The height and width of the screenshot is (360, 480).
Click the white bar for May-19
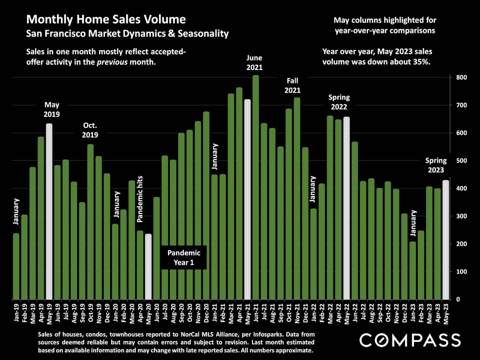(x=49, y=211)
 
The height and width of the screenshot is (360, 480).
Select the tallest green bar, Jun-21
(x=256, y=187)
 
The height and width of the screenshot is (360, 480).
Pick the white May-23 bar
(x=445, y=240)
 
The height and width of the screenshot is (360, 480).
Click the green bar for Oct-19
(x=90, y=222)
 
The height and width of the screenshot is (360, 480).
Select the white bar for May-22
(x=346, y=208)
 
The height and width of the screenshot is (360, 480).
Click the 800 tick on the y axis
(x=461, y=78)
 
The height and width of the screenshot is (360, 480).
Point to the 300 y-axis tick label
(x=461, y=216)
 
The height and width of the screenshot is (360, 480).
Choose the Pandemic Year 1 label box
(x=184, y=258)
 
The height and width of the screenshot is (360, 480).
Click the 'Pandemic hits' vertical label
(x=140, y=199)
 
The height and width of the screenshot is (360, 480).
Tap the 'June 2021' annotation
(x=254, y=63)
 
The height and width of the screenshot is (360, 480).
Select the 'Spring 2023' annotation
(x=436, y=165)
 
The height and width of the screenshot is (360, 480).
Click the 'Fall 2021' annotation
(x=292, y=85)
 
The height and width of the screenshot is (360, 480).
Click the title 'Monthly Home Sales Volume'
(x=106, y=19)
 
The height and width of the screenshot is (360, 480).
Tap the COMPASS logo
(x=410, y=340)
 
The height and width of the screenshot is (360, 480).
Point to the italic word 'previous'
(x=112, y=62)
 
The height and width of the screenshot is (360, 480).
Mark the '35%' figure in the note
(x=421, y=62)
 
